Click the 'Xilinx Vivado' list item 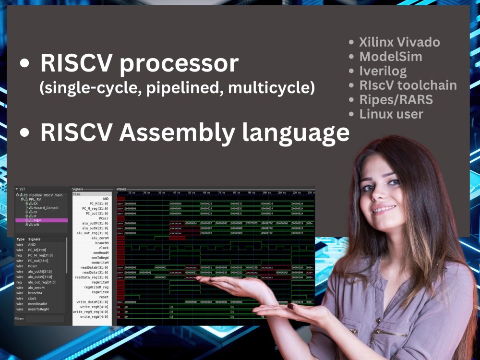(x=399, y=42)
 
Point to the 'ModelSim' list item (x=391, y=57)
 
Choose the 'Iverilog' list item (x=383, y=71)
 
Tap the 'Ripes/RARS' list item (x=396, y=100)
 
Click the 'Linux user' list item (x=391, y=114)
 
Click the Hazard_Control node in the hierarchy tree (x=46, y=208)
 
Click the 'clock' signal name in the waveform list (x=104, y=248)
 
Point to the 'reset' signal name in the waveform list (x=104, y=297)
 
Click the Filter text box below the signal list (x=44, y=319)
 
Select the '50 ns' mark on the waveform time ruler (x=191, y=192)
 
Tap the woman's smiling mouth (x=384, y=210)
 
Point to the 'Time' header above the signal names (x=77, y=194)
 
